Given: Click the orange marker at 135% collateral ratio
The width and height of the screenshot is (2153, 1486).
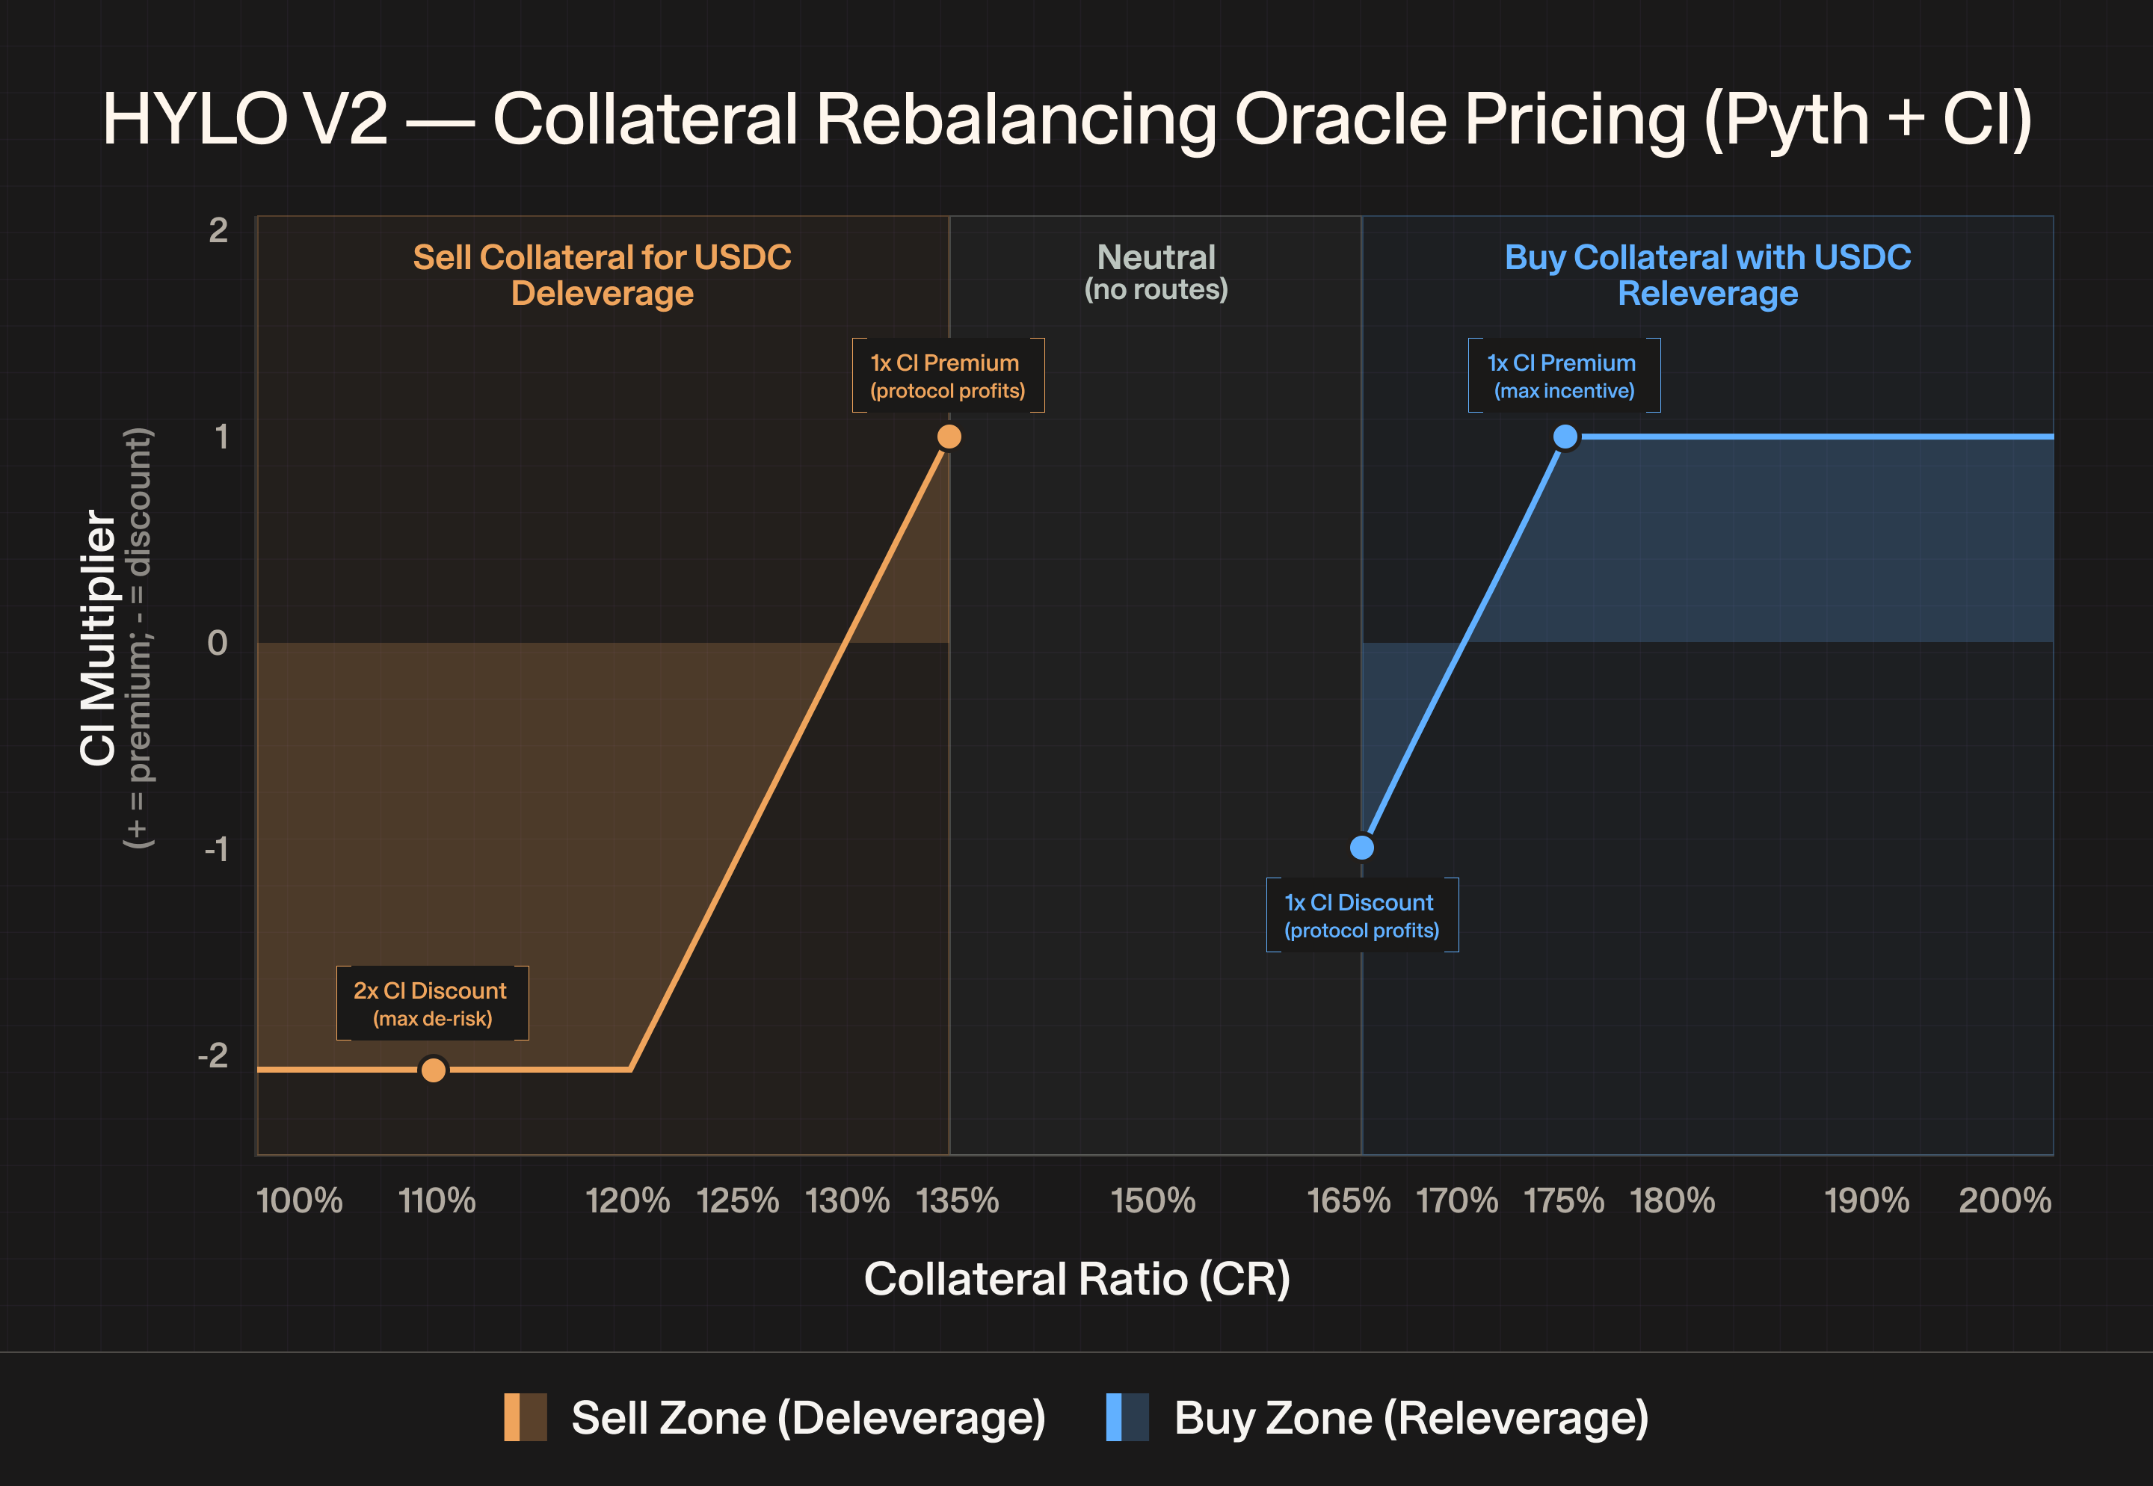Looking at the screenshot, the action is pos(949,437).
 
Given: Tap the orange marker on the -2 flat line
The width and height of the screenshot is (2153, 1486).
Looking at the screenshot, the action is pos(433,1070).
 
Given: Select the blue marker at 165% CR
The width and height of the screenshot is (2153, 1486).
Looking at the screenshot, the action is pos(1361,848).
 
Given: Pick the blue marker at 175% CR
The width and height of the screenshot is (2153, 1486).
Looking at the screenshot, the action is pos(1565,437).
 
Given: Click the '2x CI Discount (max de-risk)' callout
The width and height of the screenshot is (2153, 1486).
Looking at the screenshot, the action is pos(432,1003).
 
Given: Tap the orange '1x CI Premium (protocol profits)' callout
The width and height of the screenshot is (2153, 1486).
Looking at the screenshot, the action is pos(948,375).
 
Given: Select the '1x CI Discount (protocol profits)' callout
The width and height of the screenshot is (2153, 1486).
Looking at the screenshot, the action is pos(1362,915).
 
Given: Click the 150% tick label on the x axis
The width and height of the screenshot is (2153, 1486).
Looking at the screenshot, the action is pos(1153,1201).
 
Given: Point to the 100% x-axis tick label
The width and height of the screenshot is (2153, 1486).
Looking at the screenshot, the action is pos(300,1201).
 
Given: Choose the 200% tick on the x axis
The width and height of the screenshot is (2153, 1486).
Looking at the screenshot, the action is pos(2005,1201).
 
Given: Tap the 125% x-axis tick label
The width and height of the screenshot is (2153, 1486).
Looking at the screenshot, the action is pos(738,1201).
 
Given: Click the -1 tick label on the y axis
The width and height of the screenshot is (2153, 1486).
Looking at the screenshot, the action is pos(216,849).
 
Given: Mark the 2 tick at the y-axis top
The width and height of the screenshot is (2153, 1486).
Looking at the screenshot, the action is pos(218,230).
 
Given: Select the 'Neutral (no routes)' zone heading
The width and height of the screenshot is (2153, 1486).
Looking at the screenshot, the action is pos(1156,272).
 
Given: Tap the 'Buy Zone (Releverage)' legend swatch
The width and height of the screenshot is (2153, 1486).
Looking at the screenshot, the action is pos(1127,1417).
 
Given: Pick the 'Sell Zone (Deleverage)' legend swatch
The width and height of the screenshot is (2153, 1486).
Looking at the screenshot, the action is pos(526,1417).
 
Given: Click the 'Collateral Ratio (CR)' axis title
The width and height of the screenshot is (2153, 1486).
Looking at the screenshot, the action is pos(1077,1279).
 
